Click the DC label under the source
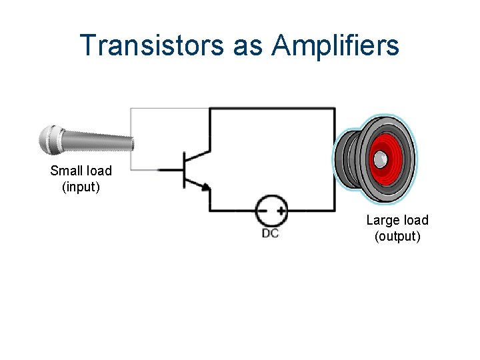tap(270, 233)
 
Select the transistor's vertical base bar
tap(183, 170)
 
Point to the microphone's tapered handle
tap(100, 142)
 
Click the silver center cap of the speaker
tap(379, 159)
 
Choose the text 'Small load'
tap(81, 171)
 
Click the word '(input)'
tap(81, 187)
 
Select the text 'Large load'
tap(397, 220)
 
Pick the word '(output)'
tap(397, 236)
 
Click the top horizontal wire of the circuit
tap(273, 109)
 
